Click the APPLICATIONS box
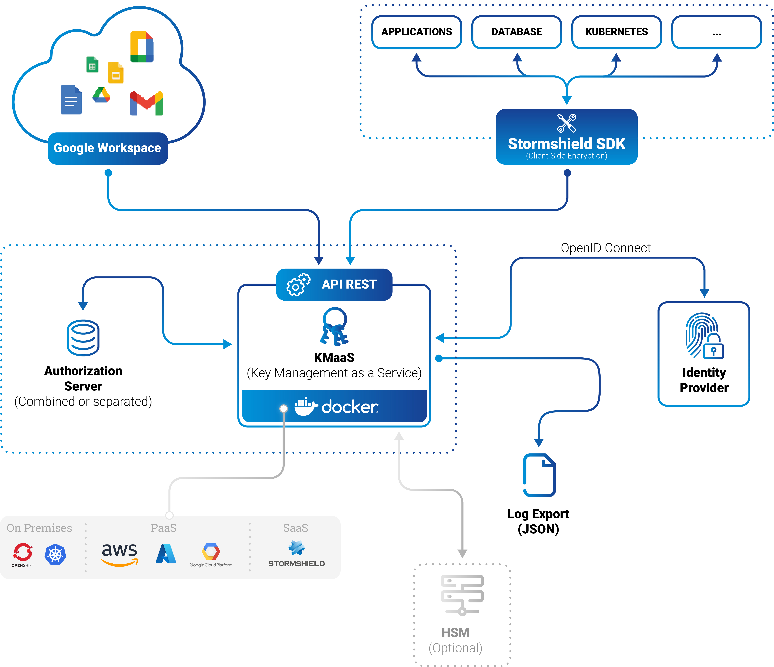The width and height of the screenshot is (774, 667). [417, 32]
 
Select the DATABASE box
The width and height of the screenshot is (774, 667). [517, 32]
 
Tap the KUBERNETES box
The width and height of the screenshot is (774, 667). [616, 32]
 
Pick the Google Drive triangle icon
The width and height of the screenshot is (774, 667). [101, 95]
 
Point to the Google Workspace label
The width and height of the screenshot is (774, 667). [108, 148]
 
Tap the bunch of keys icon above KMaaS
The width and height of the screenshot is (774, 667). [334, 326]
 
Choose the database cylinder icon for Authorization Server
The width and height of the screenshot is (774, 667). [83, 338]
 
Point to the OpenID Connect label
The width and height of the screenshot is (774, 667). [606, 248]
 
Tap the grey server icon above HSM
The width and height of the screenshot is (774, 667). [462, 594]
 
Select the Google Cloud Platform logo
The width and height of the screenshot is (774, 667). [211, 554]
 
